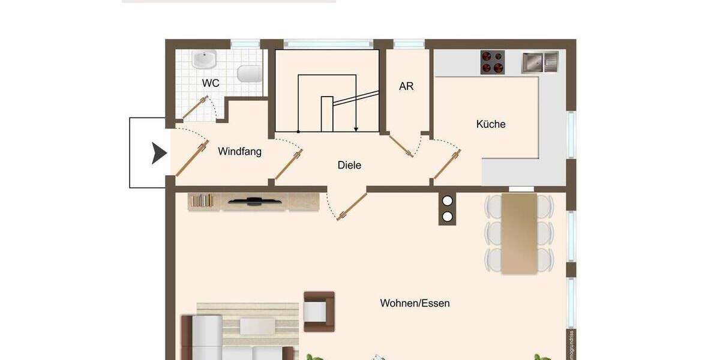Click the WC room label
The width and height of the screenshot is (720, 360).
(x=211, y=83)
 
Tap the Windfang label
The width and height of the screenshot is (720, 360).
(x=239, y=151)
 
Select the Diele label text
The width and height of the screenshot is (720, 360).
(x=349, y=165)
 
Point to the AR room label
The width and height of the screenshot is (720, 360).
(x=406, y=86)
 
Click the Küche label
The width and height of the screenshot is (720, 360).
(x=491, y=124)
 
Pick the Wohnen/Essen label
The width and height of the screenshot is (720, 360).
(x=415, y=303)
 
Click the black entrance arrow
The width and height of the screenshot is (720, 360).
(x=158, y=154)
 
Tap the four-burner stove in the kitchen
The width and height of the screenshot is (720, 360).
(x=492, y=62)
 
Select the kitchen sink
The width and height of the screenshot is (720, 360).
(x=539, y=62)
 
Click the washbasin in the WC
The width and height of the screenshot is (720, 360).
(x=205, y=59)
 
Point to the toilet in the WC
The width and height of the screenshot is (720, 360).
(x=250, y=74)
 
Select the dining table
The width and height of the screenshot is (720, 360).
(x=519, y=233)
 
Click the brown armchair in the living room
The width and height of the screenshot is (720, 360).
(x=318, y=311)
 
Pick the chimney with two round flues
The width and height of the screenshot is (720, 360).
(x=447, y=209)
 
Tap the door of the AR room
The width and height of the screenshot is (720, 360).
(x=401, y=146)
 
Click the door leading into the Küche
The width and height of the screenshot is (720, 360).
(x=446, y=164)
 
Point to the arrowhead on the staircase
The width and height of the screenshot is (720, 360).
(x=356, y=128)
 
